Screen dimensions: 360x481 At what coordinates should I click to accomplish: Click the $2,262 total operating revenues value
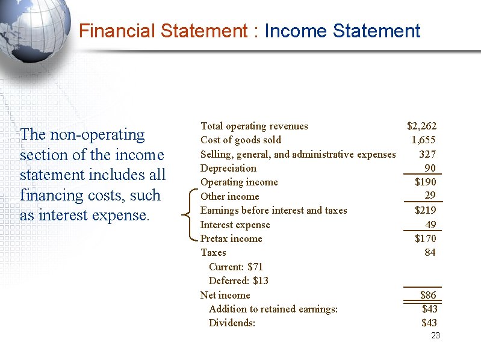[x=421, y=126]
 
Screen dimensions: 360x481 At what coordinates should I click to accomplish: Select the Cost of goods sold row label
[x=240, y=140]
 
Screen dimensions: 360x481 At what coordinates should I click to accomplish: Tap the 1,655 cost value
[x=424, y=140]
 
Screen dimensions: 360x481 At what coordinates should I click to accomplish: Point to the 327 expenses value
[x=427, y=154]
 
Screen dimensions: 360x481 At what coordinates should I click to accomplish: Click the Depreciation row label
[x=228, y=169]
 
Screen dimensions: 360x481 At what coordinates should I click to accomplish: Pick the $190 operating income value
[x=426, y=182]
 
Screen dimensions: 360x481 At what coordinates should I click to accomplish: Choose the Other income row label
[x=229, y=197]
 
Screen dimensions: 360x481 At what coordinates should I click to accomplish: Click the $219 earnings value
[x=426, y=211]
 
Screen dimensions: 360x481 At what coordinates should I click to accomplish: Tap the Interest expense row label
[x=235, y=225]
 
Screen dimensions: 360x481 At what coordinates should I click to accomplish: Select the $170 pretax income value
[x=426, y=239]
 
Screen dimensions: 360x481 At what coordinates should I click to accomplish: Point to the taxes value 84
[x=430, y=253]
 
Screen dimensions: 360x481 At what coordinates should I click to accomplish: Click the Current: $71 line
[x=236, y=267]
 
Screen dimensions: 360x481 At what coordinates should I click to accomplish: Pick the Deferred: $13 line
[x=238, y=281]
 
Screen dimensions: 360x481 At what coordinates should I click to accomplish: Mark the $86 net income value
[x=428, y=295]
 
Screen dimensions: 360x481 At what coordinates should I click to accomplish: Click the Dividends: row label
[x=232, y=323]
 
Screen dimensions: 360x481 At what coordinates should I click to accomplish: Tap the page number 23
[x=436, y=335]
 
